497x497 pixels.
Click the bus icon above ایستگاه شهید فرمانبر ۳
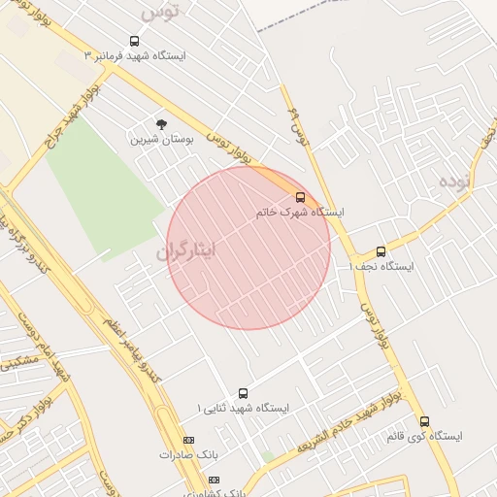point(133,42)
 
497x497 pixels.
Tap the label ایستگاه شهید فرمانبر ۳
point(135,56)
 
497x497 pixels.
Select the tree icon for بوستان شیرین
point(161,123)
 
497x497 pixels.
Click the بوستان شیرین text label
point(162,139)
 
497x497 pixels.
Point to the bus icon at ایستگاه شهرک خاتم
point(300,197)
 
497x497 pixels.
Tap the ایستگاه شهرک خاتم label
point(300,212)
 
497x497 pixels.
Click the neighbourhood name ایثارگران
point(186,250)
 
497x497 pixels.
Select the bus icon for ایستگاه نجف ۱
point(381,251)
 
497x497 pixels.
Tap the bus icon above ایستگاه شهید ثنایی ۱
point(243,393)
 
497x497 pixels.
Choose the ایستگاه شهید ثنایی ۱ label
point(243,409)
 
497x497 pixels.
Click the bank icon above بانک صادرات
point(188,440)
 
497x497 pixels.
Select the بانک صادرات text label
point(184,454)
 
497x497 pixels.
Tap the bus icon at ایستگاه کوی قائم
point(424,421)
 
